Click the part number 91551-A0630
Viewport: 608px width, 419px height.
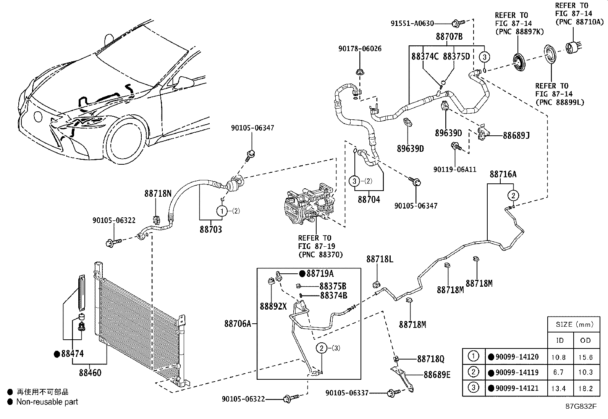click(x=412, y=24)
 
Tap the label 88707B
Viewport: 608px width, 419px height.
click(x=449, y=37)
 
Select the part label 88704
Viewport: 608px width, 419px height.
click(x=369, y=199)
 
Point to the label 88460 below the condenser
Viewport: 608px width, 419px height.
click(x=90, y=372)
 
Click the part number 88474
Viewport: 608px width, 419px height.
click(x=73, y=354)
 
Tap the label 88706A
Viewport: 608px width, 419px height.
click(x=238, y=324)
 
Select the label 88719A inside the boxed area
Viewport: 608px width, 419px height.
click(x=320, y=274)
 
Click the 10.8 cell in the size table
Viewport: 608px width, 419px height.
click(x=558, y=358)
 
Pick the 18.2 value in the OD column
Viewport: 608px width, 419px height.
click(x=585, y=388)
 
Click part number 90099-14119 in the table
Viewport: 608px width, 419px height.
click(x=517, y=372)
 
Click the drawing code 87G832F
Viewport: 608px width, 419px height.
click(x=581, y=406)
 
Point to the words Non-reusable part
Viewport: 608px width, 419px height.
click(x=47, y=402)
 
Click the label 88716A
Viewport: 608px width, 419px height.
click(x=503, y=174)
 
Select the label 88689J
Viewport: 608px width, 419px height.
click(x=516, y=135)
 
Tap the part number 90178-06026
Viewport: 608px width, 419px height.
click(x=360, y=49)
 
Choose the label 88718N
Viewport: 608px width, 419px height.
click(x=158, y=194)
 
